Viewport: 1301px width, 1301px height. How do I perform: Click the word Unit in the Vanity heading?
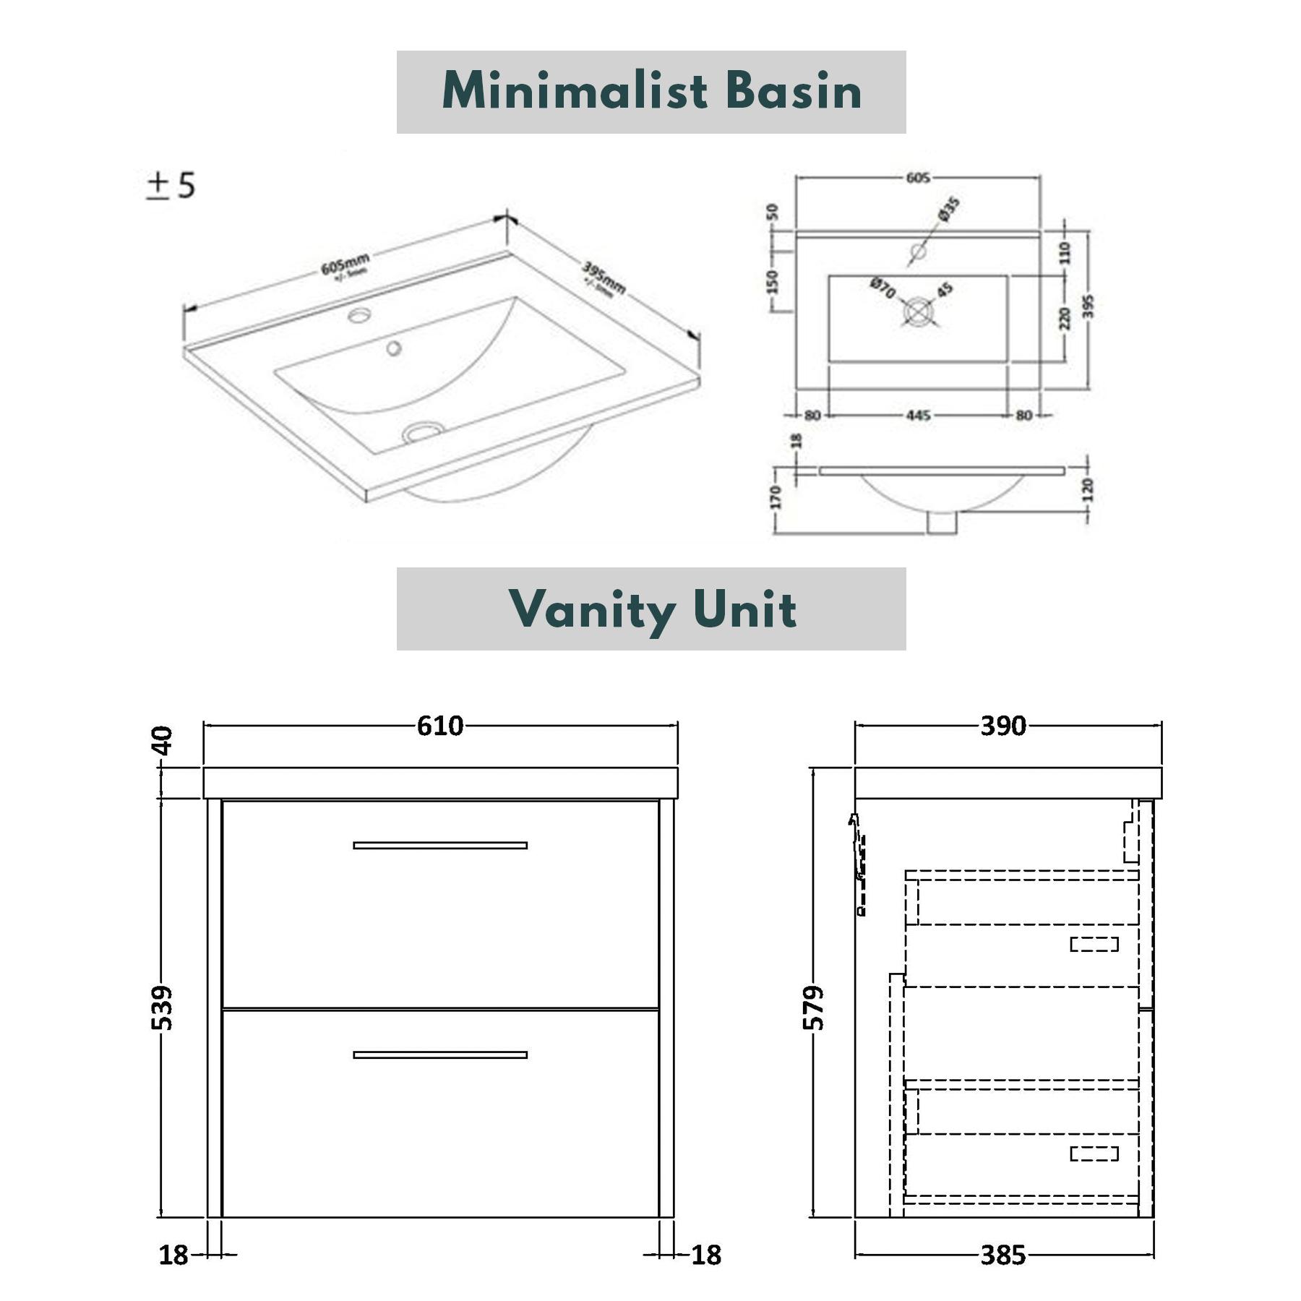coord(744,609)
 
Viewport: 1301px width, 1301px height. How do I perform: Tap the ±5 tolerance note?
coord(171,185)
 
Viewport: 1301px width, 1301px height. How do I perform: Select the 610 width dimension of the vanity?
coord(439,726)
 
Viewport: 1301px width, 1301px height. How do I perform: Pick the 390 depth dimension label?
coord(1003,726)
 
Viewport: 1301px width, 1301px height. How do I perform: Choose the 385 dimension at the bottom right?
coord(1003,1255)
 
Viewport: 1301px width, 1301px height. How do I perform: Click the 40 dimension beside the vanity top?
coord(164,741)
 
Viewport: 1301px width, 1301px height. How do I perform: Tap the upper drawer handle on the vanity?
coord(440,845)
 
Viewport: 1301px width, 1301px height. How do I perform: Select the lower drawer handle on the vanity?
coord(440,1055)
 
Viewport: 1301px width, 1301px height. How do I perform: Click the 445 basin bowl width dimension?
coord(918,416)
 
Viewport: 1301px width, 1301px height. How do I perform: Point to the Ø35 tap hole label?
coord(949,208)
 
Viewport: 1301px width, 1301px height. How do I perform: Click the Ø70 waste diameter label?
coord(883,288)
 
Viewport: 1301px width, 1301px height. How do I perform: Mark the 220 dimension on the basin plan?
coord(1065,318)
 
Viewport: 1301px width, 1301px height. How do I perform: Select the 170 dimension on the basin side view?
coord(776,497)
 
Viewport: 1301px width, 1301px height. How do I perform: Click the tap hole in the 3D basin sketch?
coord(359,315)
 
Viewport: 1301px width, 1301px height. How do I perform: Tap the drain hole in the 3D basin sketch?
coord(424,431)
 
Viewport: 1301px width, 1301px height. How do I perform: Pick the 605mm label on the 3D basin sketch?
coord(346,265)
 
